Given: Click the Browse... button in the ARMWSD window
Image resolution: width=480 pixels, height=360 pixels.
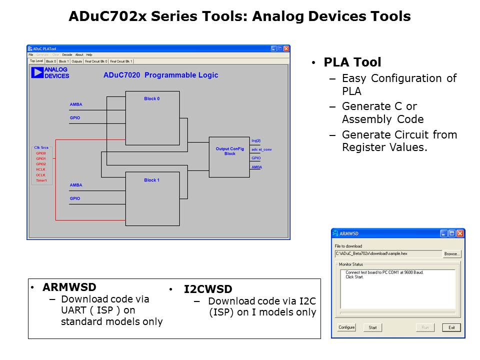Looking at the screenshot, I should (x=451, y=254).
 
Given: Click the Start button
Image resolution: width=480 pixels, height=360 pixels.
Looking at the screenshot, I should (x=372, y=327).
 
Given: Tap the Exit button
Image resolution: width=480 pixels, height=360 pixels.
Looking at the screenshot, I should (x=451, y=327).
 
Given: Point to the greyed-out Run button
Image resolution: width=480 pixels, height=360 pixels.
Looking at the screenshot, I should (x=425, y=327).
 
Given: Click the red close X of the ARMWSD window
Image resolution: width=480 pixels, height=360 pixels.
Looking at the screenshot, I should (x=460, y=233).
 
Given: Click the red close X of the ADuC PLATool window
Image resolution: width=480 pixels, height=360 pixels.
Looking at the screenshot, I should (x=286, y=49).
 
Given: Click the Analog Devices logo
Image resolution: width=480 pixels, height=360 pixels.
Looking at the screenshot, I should (x=50, y=73).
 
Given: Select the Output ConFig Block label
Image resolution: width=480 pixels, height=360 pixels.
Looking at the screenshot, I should (x=229, y=151).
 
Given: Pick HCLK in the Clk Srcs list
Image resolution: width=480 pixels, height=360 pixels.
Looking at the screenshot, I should (x=41, y=169).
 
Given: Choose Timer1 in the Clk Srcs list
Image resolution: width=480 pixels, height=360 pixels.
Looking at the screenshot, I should (x=41, y=180).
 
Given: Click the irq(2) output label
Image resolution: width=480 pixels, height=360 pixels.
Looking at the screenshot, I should (x=256, y=140).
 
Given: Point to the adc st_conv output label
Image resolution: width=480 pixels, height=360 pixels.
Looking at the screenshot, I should (x=261, y=149).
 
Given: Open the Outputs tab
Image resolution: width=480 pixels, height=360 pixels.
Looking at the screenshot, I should (x=76, y=61).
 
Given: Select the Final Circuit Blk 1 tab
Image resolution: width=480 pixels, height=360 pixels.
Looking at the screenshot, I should (x=121, y=61).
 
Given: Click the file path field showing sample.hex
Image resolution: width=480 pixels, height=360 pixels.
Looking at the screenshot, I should (x=387, y=254).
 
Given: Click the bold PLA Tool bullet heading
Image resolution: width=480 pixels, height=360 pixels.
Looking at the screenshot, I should (x=352, y=62).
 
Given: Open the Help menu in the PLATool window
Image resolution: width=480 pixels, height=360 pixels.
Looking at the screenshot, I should (x=89, y=54).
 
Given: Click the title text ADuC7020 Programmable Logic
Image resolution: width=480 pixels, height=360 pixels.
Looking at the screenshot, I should (x=160, y=75).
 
